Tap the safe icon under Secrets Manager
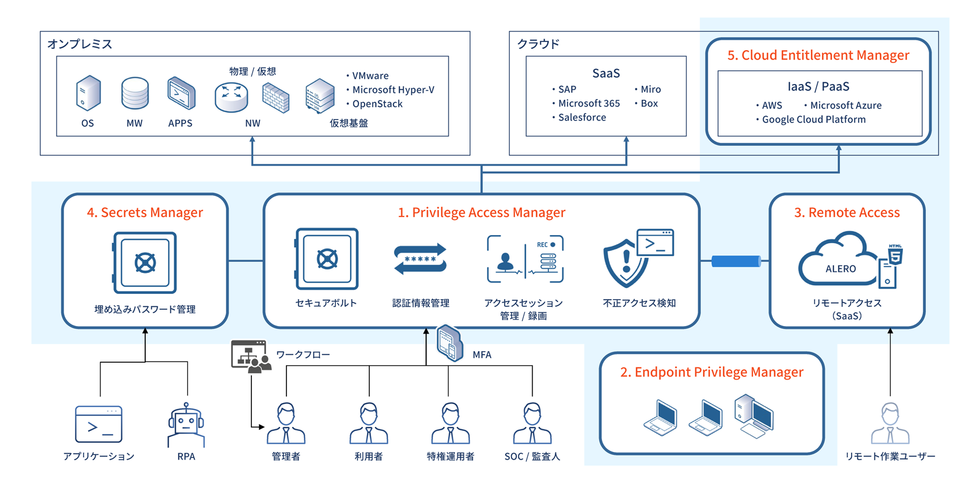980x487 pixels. click(144, 262)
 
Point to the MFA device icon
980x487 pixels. click(449, 343)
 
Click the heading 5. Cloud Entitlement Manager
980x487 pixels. click(818, 55)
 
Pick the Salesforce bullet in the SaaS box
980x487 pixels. click(582, 117)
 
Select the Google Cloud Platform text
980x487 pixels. click(813, 120)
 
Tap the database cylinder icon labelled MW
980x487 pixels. click(135, 93)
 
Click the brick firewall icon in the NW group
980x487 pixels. click(276, 97)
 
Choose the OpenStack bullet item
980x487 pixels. click(377, 104)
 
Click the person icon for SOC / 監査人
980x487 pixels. click(532, 423)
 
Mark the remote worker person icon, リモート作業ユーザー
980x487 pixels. click(890, 423)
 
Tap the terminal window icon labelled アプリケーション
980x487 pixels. click(99, 424)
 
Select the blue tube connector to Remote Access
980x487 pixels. click(736, 261)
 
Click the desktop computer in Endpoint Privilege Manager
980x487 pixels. click(754, 416)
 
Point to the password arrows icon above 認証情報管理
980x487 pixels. click(420, 259)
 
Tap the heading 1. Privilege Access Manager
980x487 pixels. click(481, 212)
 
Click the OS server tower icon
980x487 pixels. click(88, 93)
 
